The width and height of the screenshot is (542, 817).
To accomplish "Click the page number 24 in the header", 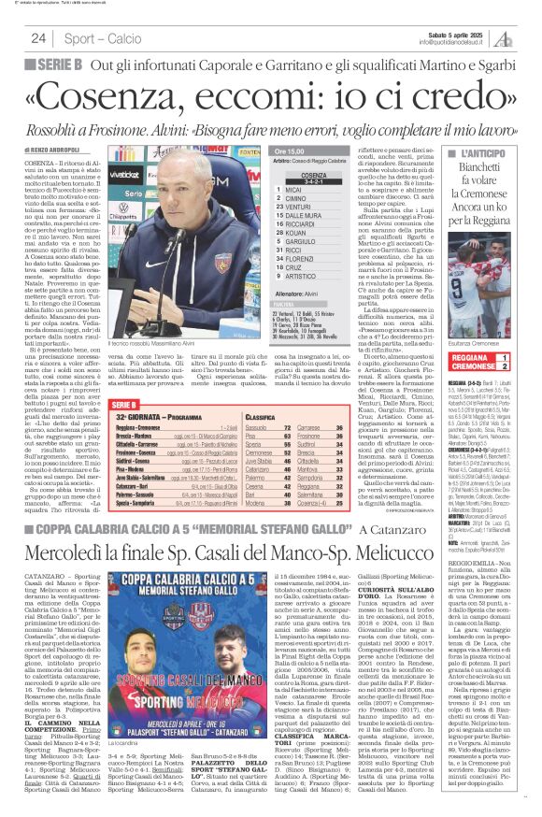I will pyautogui.click(x=38, y=38).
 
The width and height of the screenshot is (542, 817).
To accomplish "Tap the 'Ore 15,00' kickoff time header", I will pyautogui.click(x=292, y=150).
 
